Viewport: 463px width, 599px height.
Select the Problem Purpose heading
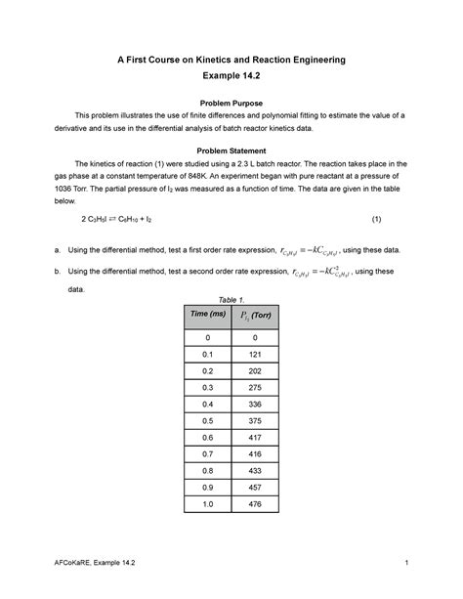[x=231, y=103]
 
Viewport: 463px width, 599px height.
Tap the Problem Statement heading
[x=231, y=150]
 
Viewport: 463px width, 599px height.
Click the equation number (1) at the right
[x=377, y=221]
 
